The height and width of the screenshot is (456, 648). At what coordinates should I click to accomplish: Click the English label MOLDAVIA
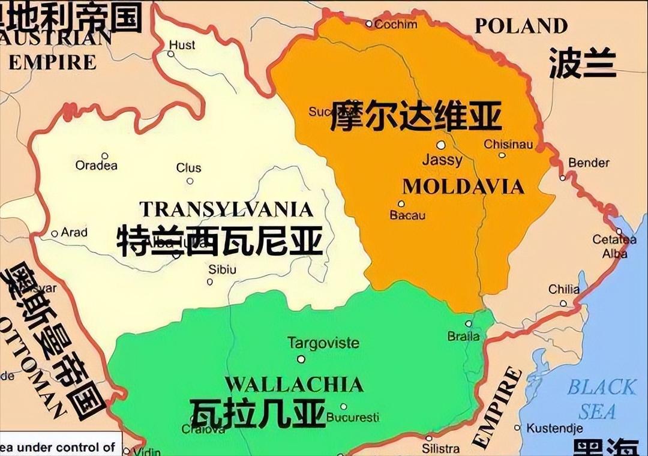point(463,187)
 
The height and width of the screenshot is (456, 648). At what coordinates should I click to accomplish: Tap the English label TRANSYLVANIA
point(226,209)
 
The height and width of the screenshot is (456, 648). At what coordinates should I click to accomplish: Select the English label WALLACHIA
point(294,384)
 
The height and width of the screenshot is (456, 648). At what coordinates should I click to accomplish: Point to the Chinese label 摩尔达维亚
point(415,116)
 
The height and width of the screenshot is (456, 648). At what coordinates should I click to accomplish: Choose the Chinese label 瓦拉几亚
point(258,412)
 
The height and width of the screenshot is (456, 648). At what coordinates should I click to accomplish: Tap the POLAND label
point(521,26)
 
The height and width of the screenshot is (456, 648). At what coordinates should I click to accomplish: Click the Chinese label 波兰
point(582,64)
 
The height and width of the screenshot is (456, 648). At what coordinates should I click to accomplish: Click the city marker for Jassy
point(441,145)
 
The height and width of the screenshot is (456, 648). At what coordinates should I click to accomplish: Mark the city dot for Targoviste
point(301,359)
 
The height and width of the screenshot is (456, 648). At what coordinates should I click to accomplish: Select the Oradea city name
point(97,166)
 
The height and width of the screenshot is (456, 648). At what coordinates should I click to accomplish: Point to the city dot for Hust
point(171,54)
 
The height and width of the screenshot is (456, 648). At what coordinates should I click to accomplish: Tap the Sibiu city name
point(222,269)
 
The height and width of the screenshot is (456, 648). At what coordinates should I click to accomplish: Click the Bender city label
point(589,163)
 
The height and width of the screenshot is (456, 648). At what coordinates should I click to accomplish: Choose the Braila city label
point(464,337)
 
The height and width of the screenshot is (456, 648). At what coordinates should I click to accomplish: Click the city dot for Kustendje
point(518,428)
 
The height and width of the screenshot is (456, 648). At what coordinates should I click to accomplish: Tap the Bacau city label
point(407,215)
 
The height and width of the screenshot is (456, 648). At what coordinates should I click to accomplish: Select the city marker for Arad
point(55,233)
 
